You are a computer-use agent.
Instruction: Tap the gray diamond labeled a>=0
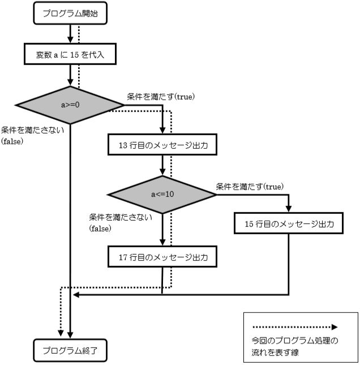[70, 105]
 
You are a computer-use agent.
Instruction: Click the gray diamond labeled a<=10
[162, 194]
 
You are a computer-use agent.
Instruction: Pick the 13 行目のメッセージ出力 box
[162, 145]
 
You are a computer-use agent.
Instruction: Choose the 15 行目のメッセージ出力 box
[290, 224]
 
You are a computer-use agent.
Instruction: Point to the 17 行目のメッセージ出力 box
[162, 257]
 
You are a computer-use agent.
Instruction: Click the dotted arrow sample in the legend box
[294, 327]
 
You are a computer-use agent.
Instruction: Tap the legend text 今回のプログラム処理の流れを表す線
[294, 346]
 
